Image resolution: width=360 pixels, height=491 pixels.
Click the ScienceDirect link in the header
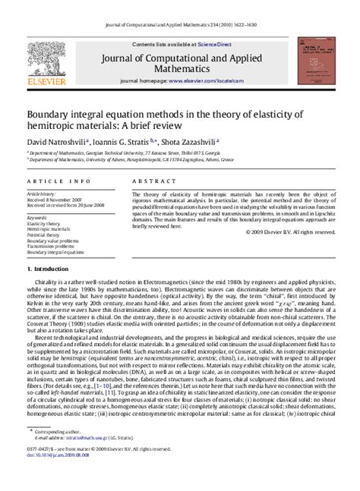220,45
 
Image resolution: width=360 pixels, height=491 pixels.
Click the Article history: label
43,194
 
